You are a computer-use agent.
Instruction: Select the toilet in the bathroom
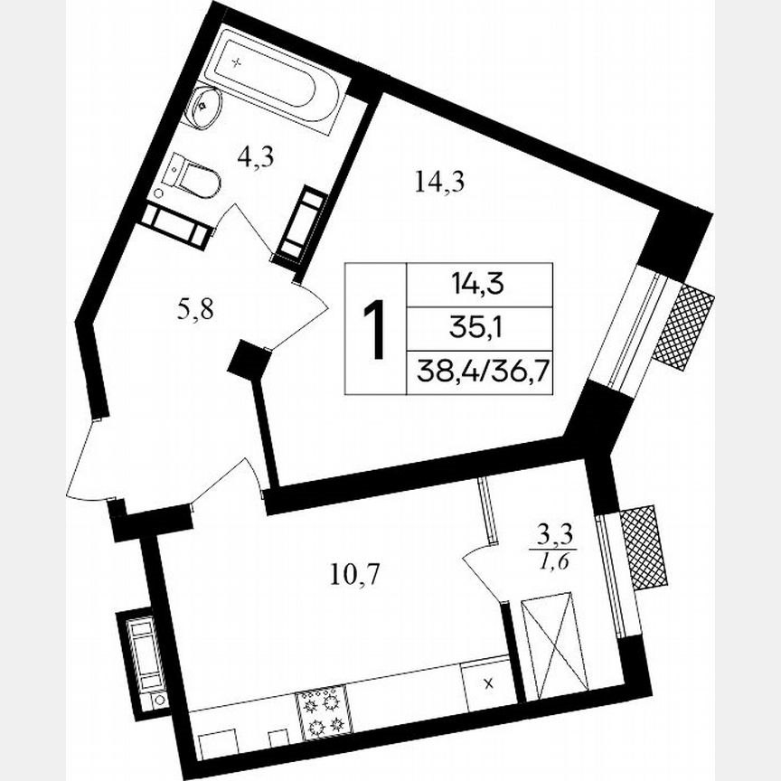click(x=194, y=176)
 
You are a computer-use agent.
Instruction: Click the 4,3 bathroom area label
click(x=256, y=158)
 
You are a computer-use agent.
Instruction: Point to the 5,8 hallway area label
click(x=194, y=310)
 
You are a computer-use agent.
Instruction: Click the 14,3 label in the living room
click(x=439, y=183)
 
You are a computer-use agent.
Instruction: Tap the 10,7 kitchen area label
click(x=355, y=575)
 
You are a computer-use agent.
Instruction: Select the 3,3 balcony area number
click(x=556, y=537)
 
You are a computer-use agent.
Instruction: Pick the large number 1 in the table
click(x=374, y=329)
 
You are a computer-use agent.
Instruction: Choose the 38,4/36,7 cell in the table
click(x=480, y=372)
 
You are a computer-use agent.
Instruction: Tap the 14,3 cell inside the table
click(x=479, y=286)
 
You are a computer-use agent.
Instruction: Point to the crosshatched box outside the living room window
click(x=683, y=326)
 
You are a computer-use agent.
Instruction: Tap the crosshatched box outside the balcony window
click(x=643, y=548)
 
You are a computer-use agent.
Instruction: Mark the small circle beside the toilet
click(x=159, y=193)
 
